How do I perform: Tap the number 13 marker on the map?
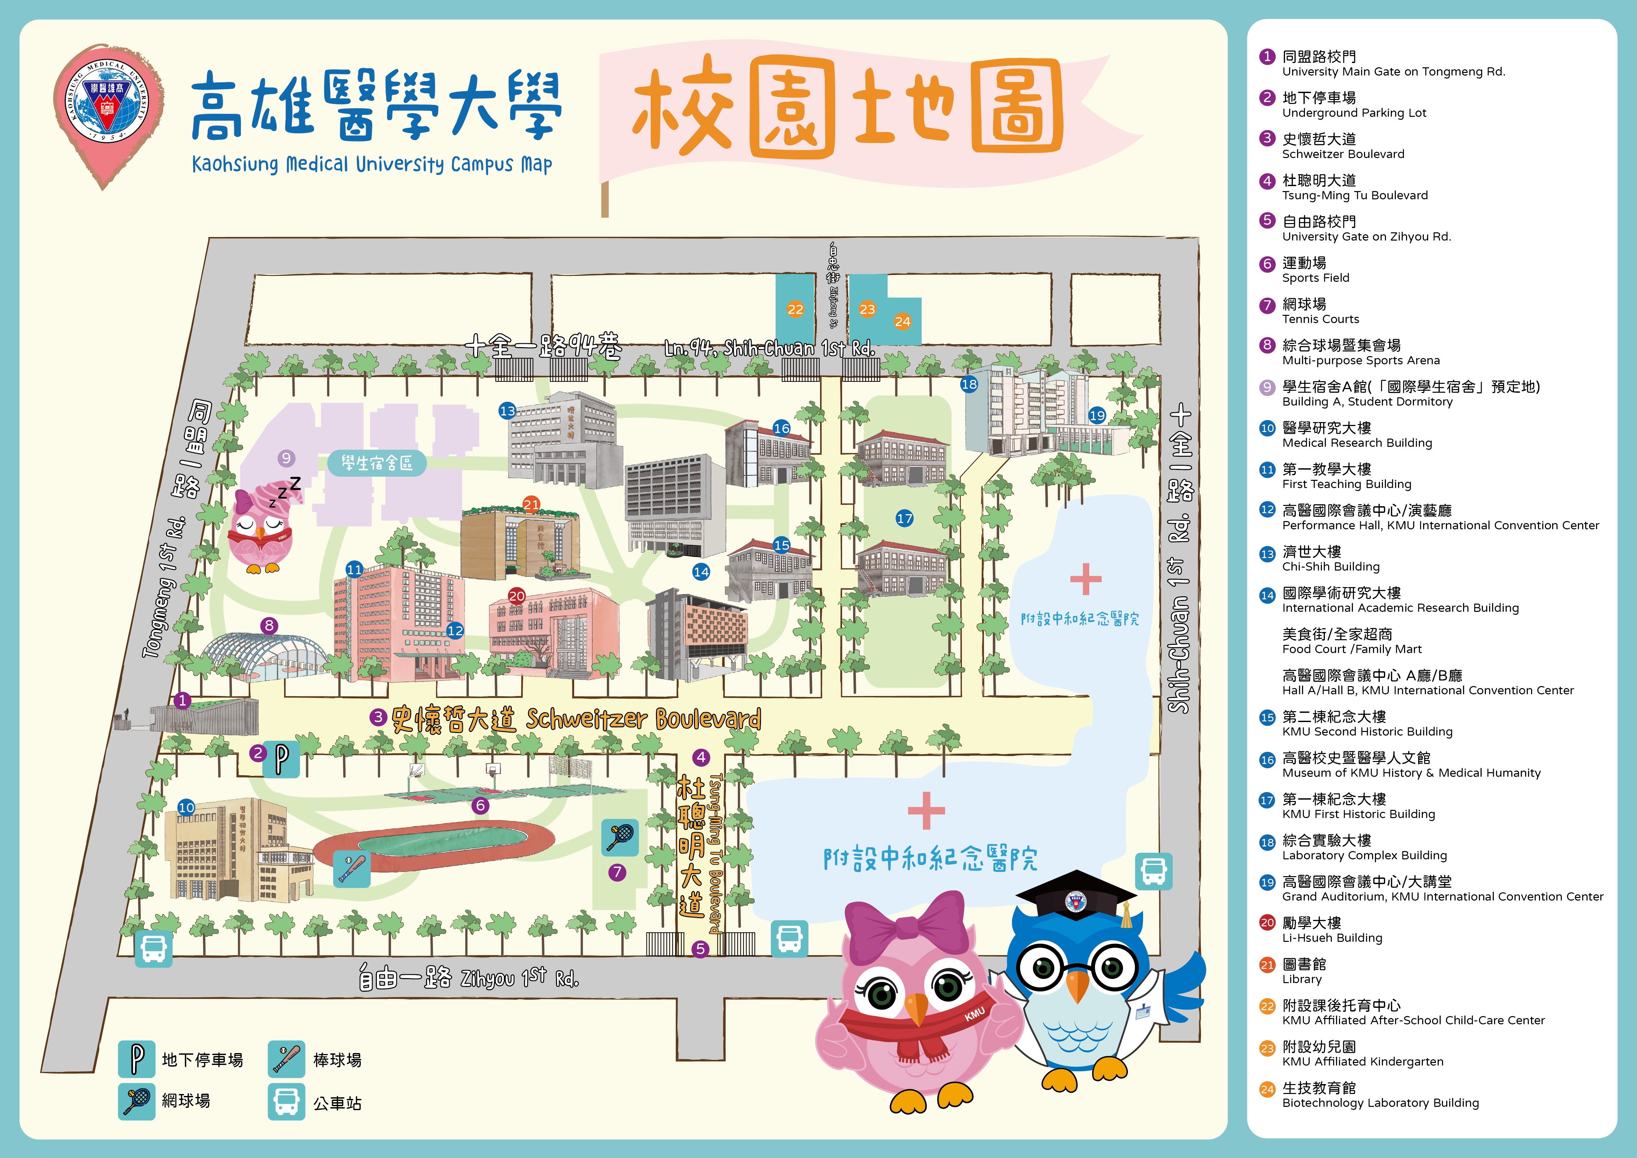pos(507,411)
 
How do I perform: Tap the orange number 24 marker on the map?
pos(902,321)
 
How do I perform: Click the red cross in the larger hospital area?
pos(926,811)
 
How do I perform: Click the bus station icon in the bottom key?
pos(286,1102)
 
